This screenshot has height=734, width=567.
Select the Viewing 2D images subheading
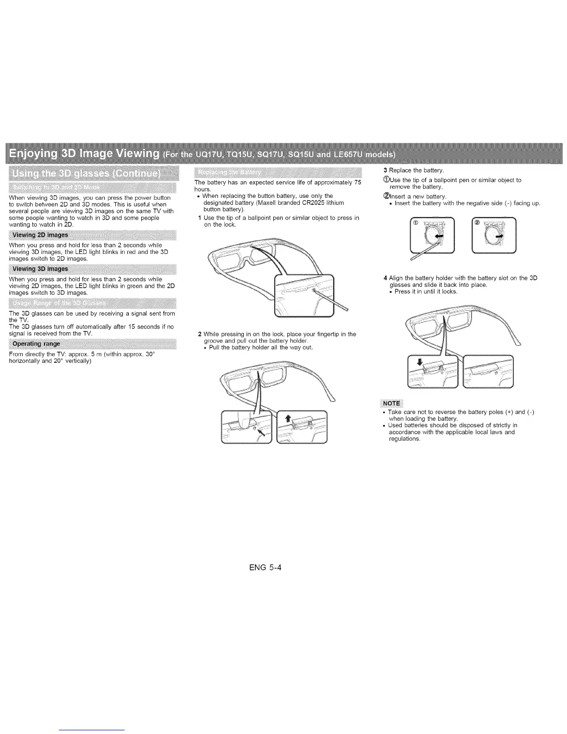pos(40,234)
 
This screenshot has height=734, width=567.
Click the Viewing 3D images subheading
pos(40,269)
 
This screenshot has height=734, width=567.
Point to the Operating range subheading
pos(36,344)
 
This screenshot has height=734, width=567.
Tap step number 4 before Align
pos(385,278)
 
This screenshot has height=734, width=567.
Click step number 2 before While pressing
pos(199,334)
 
